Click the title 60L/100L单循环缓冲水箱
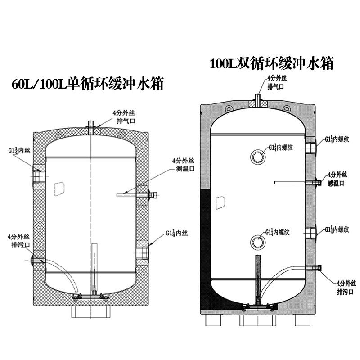pos(87,85)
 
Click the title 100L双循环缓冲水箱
pos(272,63)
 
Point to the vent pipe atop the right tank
pos(258,100)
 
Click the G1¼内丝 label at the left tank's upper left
pos(18,150)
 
